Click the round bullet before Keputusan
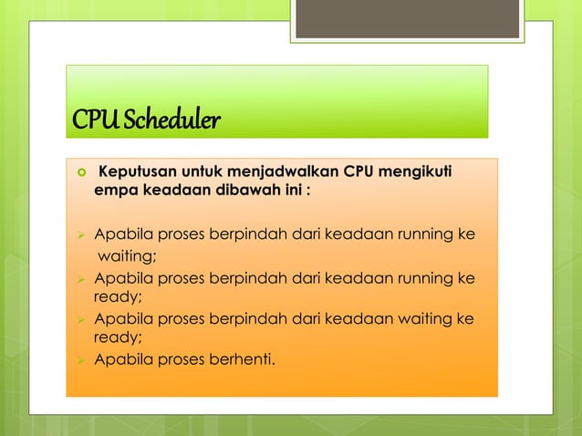pyautogui.click(x=79, y=172)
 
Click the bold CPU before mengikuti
pyautogui.click(x=359, y=171)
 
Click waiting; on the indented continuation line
pyautogui.click(x=128, y=254)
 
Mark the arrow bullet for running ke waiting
pyautogui.click(x=79, y=234)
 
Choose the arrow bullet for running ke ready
pyautogui.click(x=79, y=276)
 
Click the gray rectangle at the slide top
pyautogui.click(x=408, y=17)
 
